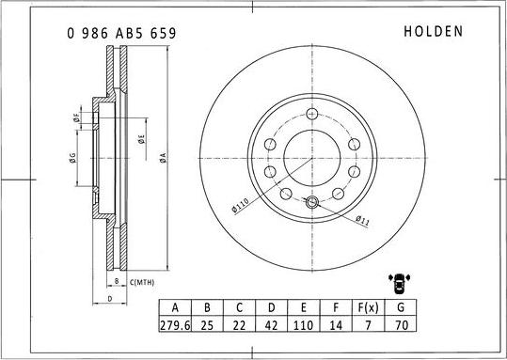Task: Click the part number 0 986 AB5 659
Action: (x=121, y=32)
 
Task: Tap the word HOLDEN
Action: (x=433, y=31)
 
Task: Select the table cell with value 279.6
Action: (x=175, y=327)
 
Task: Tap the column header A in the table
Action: (x=175, y=308)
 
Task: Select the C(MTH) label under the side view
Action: (x=142, y=282)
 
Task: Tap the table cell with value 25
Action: (x=207, y=327)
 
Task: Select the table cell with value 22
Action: (x=241, y=327)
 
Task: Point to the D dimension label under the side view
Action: (x=110, y=299)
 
